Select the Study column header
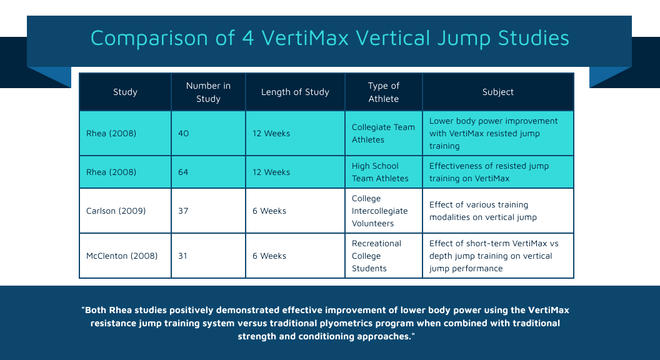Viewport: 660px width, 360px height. coord(125,92)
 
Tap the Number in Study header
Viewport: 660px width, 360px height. coord(208,92)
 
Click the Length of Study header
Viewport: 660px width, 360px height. coord(295,92)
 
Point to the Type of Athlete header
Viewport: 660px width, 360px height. coord(384,92)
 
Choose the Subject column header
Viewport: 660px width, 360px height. coord(497,92)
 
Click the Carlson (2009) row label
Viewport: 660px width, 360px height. coord(116,211)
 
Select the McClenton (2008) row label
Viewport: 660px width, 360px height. coord(122,256)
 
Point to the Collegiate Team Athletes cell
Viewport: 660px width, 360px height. coord(383,133)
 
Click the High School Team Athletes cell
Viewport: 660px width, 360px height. coord(380,172)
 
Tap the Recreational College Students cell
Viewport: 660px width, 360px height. coord(376,256)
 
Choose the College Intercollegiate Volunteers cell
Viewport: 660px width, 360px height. coord(379,211)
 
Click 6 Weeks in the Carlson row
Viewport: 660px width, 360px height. coord(269,211)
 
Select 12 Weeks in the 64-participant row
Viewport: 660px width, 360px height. coord(271,172)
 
